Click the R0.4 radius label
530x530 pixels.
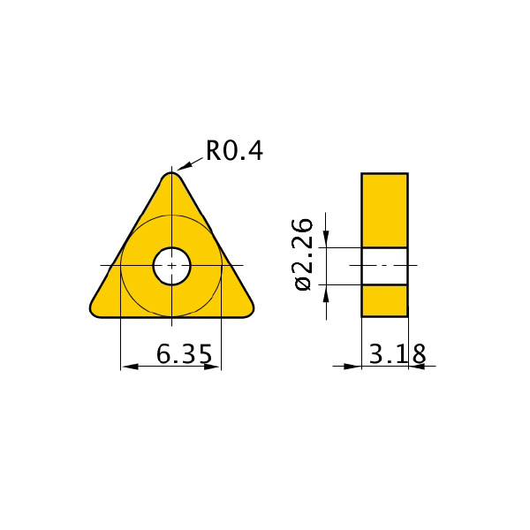pyautogui.click(x=234, y=151)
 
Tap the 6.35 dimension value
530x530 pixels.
pyautogui.click(x=185, y=354)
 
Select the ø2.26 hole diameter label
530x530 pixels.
pyautogui.click(x=303, y=254)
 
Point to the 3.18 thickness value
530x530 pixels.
pyautogui.click(x=397, y=354)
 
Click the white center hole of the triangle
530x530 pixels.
pyautogui.click(x=171, y=266)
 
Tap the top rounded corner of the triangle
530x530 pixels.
pyautogui.click(x=171, y=177)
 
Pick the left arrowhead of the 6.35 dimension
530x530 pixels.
pyautogui.click(x=130, y=366)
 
